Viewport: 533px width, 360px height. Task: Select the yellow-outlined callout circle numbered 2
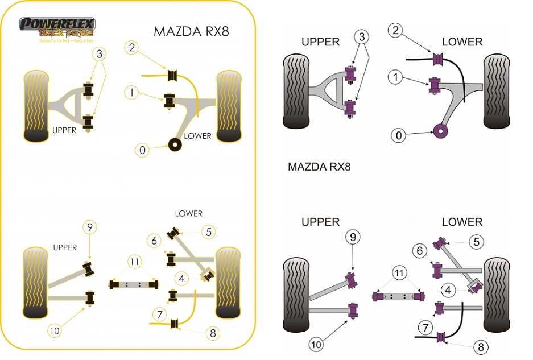(x=131, y=48)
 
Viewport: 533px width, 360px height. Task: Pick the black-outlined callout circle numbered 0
(x=399, y=135)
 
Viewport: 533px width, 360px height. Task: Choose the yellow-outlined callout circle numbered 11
(x=134, y=262)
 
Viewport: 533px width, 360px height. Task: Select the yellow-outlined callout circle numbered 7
(x=159, y=314)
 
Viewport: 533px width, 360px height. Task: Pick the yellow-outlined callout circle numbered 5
(x=209, y=231)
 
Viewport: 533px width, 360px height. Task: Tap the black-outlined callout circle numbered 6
(x=420, y=250)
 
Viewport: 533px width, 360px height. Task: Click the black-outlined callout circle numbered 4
(x=449, y=290)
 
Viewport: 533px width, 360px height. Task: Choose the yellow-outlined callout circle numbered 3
(x=100, y=54)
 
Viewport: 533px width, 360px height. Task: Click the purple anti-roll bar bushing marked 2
(x=439, y=58)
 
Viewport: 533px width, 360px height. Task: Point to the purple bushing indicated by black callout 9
(x=353, y=279)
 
